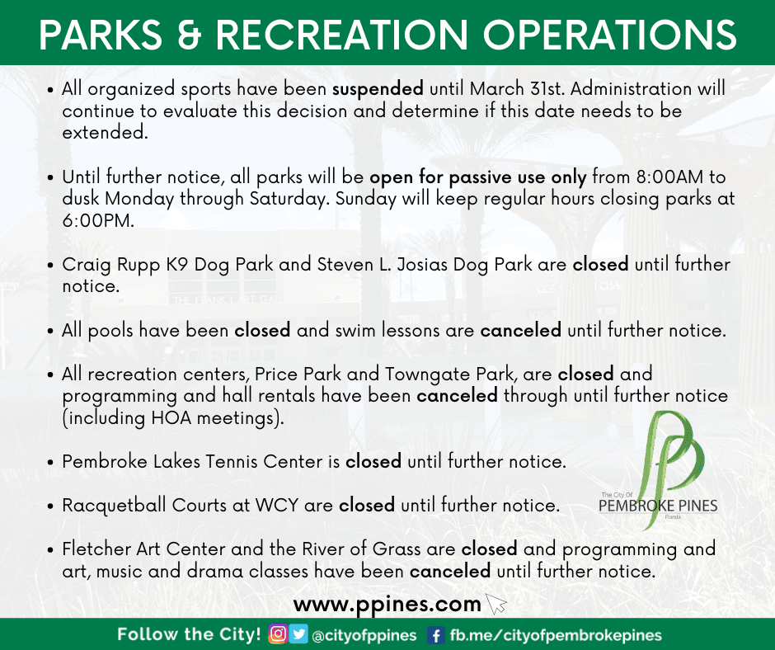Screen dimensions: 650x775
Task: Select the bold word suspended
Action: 378,89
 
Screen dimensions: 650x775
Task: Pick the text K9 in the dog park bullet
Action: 178,265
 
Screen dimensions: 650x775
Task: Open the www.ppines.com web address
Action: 387,604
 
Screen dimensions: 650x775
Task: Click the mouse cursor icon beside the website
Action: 496,605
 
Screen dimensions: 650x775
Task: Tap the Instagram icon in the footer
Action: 278,635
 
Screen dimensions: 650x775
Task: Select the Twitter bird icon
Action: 298,635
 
